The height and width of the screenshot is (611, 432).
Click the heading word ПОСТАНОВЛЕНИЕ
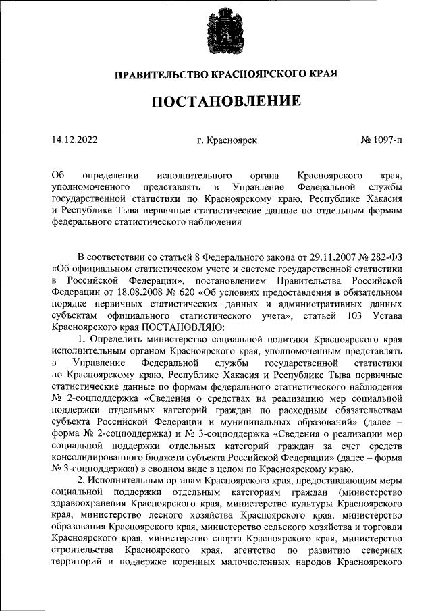(x=225, y=102)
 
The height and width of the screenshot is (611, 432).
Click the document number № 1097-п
(x=381, y=141)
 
